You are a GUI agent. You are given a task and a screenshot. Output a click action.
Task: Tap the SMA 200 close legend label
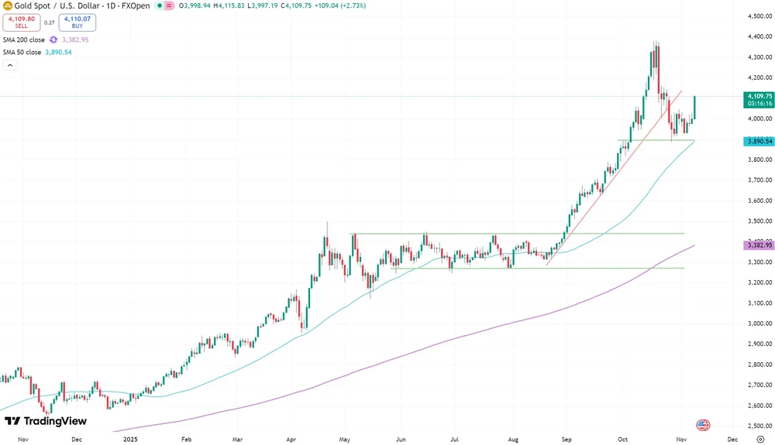[x=22, y=39]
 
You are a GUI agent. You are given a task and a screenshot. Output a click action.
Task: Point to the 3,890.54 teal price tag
[x=758, y=142]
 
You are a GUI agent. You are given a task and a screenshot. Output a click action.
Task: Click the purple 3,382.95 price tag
[x=758, y=245]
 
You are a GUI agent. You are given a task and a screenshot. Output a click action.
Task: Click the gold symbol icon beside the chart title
[x=7, y=5]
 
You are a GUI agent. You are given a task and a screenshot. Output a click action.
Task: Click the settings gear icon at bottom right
[x=759, y=438]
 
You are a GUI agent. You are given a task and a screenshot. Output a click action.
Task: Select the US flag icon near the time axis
[x=702, y=424]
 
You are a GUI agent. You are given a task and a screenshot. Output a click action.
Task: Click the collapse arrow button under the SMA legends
[x=10, y=66]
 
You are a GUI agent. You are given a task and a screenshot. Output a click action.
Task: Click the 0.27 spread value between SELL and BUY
[x=49, y=22]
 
